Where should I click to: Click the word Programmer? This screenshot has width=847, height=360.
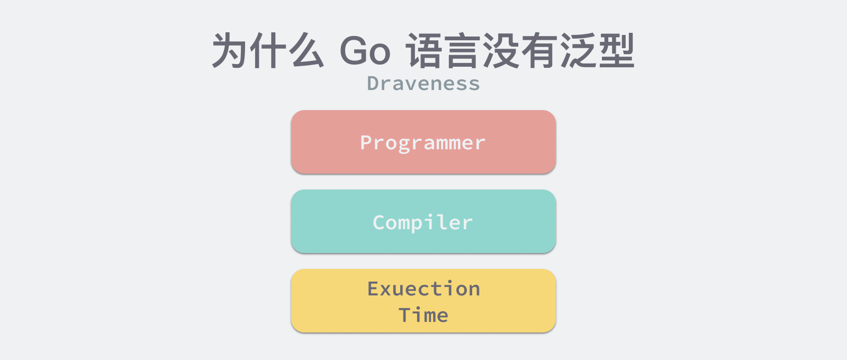[x=423, y=143]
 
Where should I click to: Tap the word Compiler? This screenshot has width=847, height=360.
[x=423, y=222]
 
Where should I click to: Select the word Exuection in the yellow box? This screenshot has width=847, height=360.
[x=424, y=289]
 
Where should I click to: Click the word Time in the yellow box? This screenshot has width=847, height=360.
[x=424, y=315]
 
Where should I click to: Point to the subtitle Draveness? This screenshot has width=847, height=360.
[x=424, y=83]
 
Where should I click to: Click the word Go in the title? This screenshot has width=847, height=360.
[x=365, y=51]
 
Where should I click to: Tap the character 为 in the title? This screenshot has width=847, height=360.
[x=230, y=50]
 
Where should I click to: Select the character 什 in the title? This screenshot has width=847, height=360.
[x=268, y=50]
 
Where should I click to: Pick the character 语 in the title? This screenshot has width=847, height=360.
[x=424, y=50]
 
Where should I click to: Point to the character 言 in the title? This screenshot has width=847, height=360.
[x=463, y=50]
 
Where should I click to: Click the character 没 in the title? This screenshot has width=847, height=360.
[x=501, y=50]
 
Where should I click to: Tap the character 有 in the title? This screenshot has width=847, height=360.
[x=539, y=50]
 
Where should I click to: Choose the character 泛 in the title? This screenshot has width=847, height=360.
[x=578, y=50]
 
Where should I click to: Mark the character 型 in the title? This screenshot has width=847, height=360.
[x=616, y=50]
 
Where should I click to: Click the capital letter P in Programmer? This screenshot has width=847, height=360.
[x=366, y=142]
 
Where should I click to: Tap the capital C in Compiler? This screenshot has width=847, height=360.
[x=379, y=222]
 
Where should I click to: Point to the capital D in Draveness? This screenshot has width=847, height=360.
[x=373, y=83]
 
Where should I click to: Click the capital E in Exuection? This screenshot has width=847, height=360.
[x=373, y=289]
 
